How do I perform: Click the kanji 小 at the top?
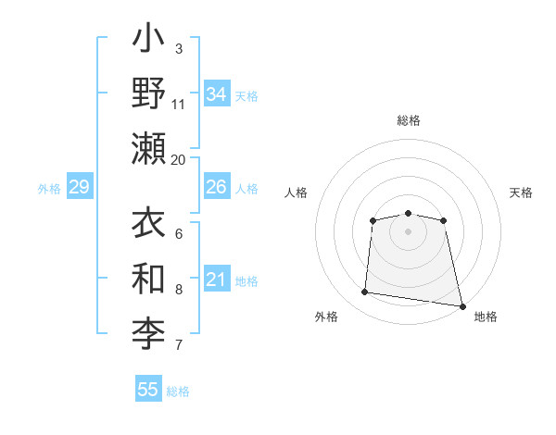point(149,43)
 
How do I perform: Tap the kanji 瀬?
point(149,149)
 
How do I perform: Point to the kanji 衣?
point(149,225)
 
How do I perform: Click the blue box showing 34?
point(217,94)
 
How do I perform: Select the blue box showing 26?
point(217,187)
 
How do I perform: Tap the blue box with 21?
point(217,280)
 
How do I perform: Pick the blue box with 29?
point(79,187)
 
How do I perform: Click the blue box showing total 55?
point(148,390)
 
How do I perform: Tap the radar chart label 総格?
point(409,120)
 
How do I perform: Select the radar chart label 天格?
point(522,193)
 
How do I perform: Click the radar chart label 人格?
point(297,193)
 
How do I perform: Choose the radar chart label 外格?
point(326,317)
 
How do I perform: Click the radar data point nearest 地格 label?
point(461,305)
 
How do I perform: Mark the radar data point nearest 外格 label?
point(365,292)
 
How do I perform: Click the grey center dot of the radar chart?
point(409,231)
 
